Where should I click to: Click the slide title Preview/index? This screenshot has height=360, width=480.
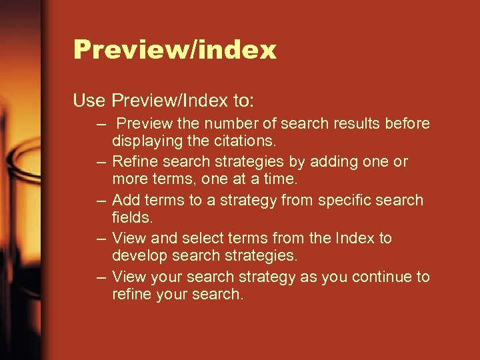[175, 50]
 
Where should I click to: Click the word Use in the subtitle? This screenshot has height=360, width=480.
[89, 101]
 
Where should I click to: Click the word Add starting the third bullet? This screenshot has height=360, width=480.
[126, 200]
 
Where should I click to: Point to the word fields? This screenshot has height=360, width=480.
[132, 217]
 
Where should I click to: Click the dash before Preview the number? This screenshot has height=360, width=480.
[100, 125]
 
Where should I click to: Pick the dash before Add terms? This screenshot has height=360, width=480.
[100, 201]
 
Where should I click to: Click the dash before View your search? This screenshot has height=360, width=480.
[100, 277]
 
